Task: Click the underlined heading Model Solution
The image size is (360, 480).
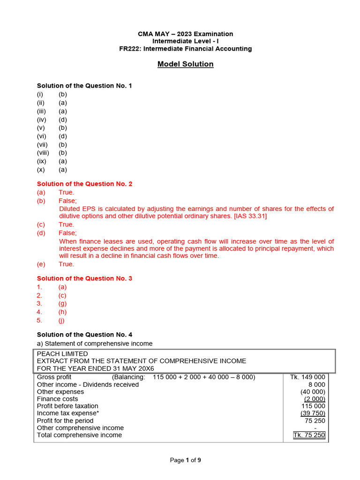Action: [x=185, y=64]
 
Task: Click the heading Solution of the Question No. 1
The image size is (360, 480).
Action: [x=84, y=86]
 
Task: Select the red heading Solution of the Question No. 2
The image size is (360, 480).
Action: [x=84, y=184]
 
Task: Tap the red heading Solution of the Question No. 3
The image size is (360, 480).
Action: [x=84, y=278]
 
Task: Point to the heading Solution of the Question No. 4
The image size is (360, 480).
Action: [x=84, y=335]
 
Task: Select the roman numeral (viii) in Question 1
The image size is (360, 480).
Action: [x=43, y=153]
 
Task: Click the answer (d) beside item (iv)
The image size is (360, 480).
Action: [x=63, y=120]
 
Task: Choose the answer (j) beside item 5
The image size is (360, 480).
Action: [x=61, y=321]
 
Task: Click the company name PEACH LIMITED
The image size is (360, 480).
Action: [x=62, y=354]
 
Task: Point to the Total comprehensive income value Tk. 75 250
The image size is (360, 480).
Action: [x=309, y=435]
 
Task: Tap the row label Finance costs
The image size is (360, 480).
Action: [x=58, y=399]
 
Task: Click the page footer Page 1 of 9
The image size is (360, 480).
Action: [x=185, y=460]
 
